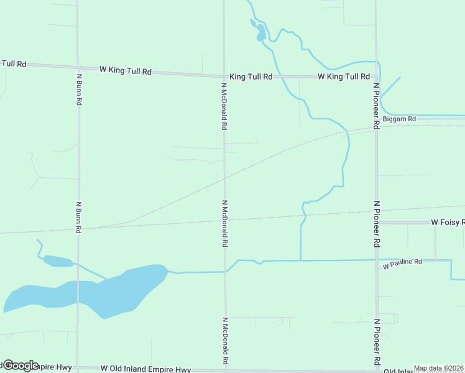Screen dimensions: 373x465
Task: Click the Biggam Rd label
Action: point(399,119)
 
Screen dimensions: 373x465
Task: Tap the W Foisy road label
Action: point(448,222)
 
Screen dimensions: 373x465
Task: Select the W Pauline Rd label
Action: point(402,264)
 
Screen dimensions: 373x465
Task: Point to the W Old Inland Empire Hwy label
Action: point(145,369)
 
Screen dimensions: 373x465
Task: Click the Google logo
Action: point(20,366)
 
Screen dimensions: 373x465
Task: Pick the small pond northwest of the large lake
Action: point(58,261)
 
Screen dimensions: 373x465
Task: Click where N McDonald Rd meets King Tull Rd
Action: point(224,76)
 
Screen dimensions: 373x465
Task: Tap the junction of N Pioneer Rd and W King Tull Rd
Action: point(376,76)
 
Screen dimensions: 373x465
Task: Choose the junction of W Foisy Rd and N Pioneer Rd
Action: point(377,222)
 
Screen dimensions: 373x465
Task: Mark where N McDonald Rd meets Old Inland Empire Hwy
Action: point(225,369)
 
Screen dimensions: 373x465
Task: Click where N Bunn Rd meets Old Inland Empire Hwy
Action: point(78,368)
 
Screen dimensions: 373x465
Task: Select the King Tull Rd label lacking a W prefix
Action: point(251,76)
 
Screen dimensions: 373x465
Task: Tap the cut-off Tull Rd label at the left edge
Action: point(13,63)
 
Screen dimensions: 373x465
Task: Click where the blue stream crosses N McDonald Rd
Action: point(225,272)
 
